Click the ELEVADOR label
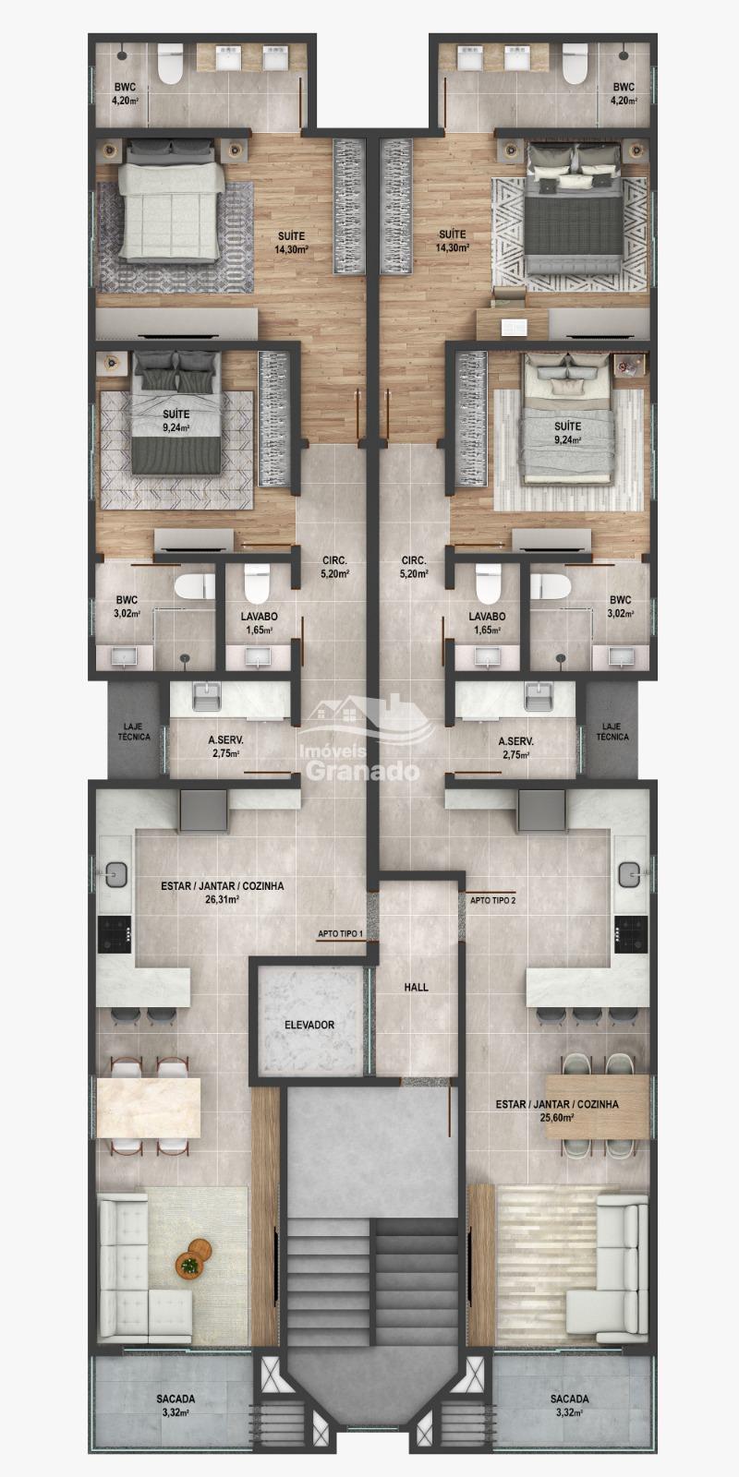pyautogui.click(x=309, y=1025)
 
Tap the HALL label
pyautogui.click(x=416, y=987)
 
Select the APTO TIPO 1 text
pyautogui.click(x=341, y=933)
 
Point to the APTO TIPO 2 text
pyautogui.click(x=493, y=900)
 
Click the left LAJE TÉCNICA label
pyautogui.click(x=134, y=731)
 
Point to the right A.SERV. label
pyautogui.click(x=516, y=748)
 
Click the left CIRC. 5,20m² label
pyautogui.click(x=334, y=567)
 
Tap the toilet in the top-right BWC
pyautogui.click(x=574, y=64)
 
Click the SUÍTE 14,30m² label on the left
pyautogui.click(x=292, y=242)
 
